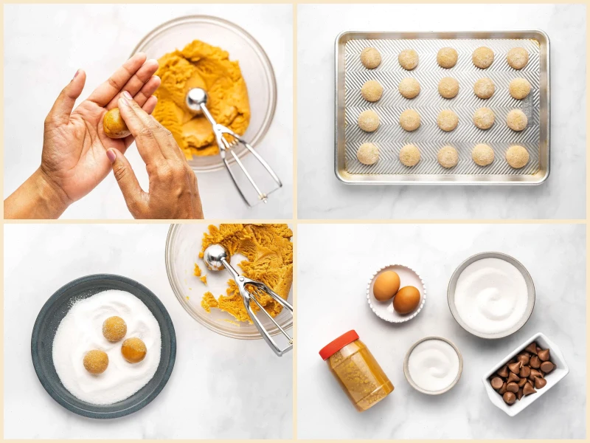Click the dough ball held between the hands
click(x=116, y=123)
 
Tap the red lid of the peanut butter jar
click(x=339, y=344)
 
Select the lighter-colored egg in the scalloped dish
click(x=386, y=285)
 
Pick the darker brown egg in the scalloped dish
click(x=406, y=300)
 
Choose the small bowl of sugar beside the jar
click(x=433, y=365)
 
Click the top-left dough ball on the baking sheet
click(x=371, y=58)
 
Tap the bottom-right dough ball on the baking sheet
click(x=517, y=156)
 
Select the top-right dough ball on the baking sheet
click(x=517, y=58)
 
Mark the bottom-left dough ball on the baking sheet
click(x=368, y=154)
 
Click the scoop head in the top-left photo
click(x=196, y=99)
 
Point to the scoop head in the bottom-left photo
click(x=216, y=256)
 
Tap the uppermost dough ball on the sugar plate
click(x=114, y=329)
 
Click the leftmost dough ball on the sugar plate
click(x=96, y=362)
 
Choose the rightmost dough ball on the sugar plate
click(x=133, y=350)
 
